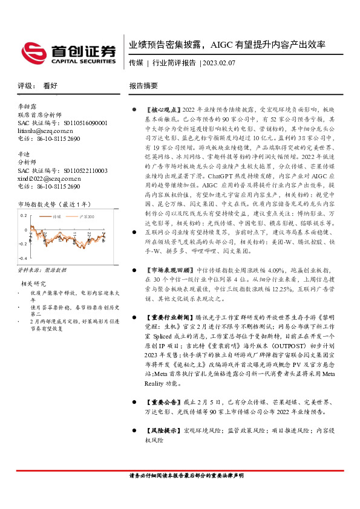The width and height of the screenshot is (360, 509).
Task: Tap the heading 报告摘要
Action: coord(143,86)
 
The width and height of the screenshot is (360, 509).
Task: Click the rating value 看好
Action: coord(51,86)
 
